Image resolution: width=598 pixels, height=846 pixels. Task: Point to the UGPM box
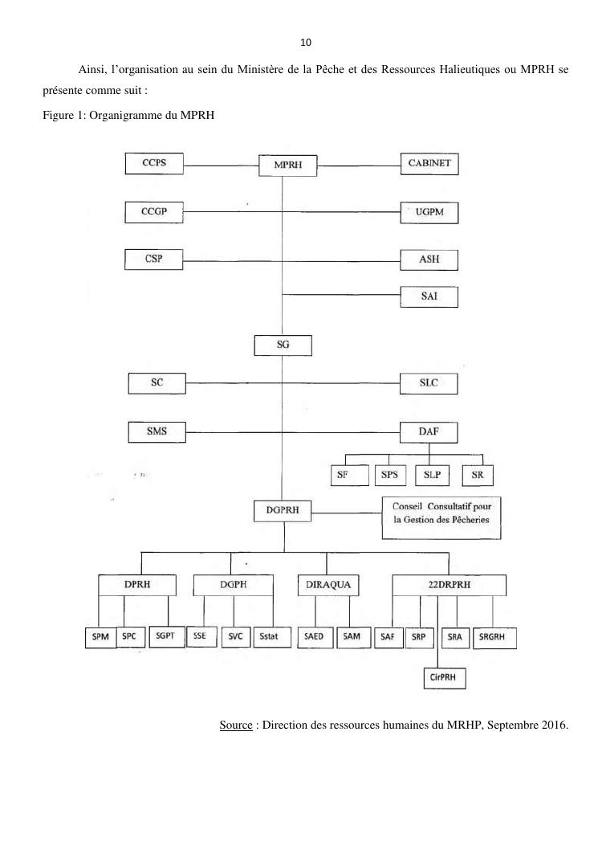click(x=429, y=213)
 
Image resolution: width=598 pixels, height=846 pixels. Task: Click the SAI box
click(x=429, y=297)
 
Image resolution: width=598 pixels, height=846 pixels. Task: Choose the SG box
click(x=283, y=345)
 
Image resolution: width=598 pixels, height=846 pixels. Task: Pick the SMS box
click(x=157, y=431)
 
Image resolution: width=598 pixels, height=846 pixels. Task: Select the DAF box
click(x=429, y=432)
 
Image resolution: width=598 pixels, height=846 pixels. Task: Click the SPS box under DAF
click(x=389, y=475)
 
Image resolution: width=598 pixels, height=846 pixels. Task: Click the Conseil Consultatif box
click(x=434, y=514)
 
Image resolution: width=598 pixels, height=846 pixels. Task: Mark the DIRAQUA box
click(x=328, y=585)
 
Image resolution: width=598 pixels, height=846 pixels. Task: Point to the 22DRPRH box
click(x=450, y=585)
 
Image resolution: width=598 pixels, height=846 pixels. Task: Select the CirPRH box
click(x=444, y=678)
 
